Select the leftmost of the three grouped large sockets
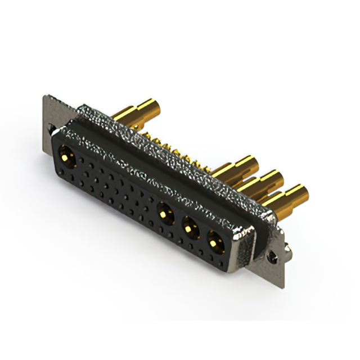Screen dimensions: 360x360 pyautogui.click(x=165, y=214)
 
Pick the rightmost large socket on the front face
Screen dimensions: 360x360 pyautogui.click(x=214, y=242)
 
